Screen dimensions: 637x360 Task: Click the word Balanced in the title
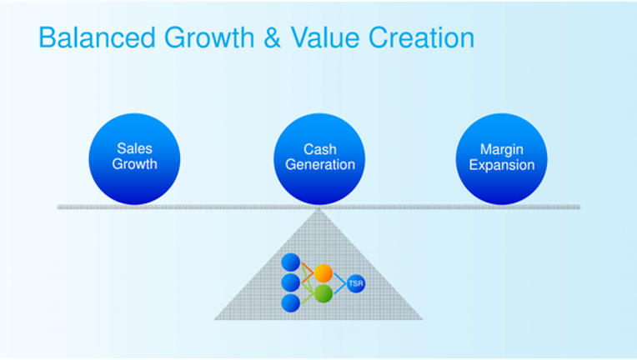pos(97,37)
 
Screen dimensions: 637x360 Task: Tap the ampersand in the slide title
pos(272,37)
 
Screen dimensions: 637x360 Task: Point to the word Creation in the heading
pos(421,37)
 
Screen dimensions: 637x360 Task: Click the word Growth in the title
pos(209,37)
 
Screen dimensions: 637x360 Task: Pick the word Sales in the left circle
pos(134,148)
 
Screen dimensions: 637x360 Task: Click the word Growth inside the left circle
pos(134,164)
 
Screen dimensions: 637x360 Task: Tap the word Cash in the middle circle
pos(320,149)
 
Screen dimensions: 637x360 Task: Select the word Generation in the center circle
pos(320,164)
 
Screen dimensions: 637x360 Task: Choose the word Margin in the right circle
pos(502,149)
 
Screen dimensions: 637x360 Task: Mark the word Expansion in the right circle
pos(502,165)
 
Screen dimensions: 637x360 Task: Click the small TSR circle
pos(356,283)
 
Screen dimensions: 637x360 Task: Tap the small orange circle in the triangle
pos(324,273)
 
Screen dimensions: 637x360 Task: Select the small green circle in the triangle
pos(324,293)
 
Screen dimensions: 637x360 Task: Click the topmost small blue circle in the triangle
pos(290,262)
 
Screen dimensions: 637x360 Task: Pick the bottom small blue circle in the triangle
pos(290,302)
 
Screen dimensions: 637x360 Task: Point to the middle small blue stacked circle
pos(290,282)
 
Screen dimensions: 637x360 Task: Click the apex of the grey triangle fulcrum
pos(318,208)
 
